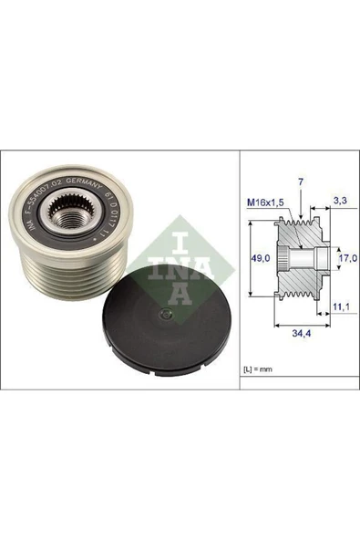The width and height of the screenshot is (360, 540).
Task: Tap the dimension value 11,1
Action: coord(340,310)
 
